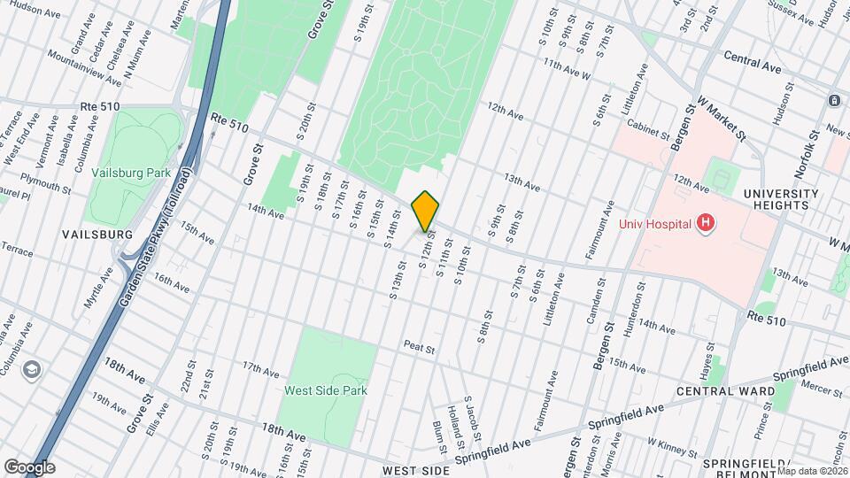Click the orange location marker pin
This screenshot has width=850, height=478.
426,212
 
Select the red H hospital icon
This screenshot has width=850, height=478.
706,223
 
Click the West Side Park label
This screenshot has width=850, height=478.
326,389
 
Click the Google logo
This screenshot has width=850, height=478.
29,467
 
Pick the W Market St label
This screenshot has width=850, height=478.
722,119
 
